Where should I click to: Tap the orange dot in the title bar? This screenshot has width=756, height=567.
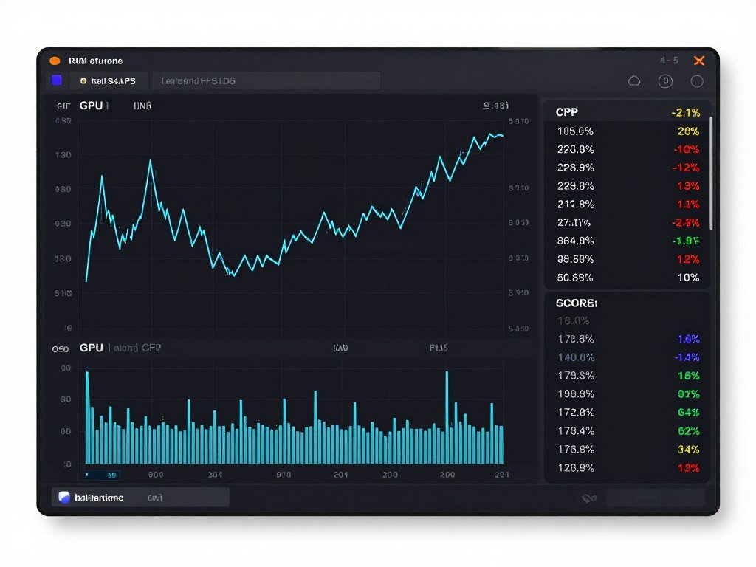55,61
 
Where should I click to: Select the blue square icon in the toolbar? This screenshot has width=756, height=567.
56,80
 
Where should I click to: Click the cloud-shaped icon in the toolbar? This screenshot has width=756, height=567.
633,81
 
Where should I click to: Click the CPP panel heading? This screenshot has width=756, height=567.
567,112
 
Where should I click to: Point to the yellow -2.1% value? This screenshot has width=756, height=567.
686,113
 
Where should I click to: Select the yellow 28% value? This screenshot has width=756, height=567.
688,131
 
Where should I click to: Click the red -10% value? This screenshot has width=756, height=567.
686,149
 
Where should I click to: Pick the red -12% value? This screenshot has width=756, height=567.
686,168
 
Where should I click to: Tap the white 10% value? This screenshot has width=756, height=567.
688,278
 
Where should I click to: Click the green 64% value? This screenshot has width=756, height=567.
688,413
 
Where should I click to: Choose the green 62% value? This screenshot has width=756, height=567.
688,431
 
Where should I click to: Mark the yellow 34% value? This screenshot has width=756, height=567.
688,450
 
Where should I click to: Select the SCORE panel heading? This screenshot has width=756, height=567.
576,303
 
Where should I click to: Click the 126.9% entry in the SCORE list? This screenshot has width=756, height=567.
576,467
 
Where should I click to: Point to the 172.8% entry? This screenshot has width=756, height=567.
576,413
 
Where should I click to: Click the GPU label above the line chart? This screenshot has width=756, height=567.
91,106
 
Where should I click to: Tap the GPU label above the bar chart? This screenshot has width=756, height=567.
91,347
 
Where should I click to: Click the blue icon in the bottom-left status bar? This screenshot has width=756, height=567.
64,498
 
